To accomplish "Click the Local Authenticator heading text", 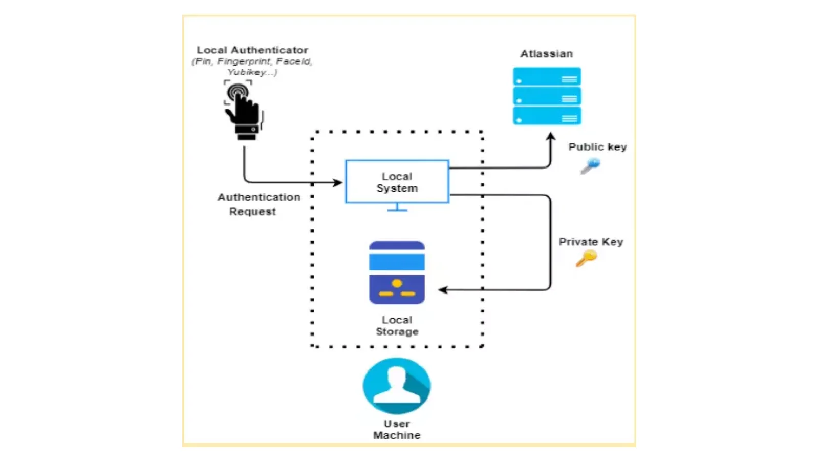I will [x=252, y=50].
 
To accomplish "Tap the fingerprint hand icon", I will [x=243, y=110].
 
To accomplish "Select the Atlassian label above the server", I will [x=546, y=54].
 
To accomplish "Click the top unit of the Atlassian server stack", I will [x=547, y=77].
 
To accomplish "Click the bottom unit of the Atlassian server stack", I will [x=547, y=116].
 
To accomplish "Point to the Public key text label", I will [x=597, y=147].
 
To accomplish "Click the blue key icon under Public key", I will [x=590, y=165].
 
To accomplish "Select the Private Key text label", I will [x=590, y=242].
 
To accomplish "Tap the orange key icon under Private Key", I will [x=586, y=258].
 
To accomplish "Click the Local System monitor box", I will [x=397, y=182].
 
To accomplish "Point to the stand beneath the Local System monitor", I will [x=397, y=207].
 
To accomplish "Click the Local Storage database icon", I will [x=397, y=273].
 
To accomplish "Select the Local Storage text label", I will [x=397, y=326].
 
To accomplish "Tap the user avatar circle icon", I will [x=397, y=386].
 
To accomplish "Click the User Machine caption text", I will [x=397, y=429].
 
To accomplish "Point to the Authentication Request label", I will [x=258, y=204].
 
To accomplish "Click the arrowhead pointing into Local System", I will [x=338, y=182].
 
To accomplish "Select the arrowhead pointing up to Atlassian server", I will [x=550, y=137].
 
